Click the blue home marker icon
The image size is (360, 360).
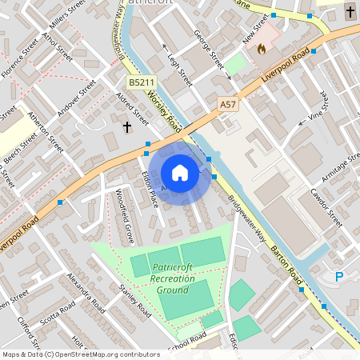180,173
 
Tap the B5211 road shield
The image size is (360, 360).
141,82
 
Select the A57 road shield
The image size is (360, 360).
229,103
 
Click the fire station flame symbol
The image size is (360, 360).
261,48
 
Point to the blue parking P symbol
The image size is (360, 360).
339,277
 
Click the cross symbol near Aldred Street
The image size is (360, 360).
126,126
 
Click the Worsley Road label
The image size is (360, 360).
164,112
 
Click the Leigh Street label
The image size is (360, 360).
180,64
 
